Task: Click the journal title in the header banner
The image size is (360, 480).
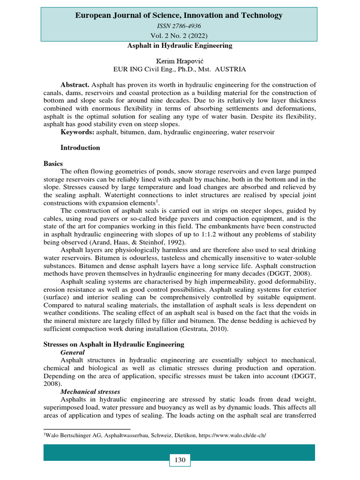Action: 179,15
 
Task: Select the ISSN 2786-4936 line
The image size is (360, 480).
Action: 180,26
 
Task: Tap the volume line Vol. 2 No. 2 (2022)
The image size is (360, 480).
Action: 180,36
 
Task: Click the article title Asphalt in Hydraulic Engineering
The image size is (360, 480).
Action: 180,46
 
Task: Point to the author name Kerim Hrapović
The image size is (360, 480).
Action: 180,61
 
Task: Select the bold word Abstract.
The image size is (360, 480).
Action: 75,85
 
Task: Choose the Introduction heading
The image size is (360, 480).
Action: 80,148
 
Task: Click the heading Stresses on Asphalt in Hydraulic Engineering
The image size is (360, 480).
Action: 114,345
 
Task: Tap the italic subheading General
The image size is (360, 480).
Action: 73,352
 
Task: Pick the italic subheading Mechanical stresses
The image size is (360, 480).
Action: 90,391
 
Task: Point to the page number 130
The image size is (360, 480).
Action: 180,460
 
